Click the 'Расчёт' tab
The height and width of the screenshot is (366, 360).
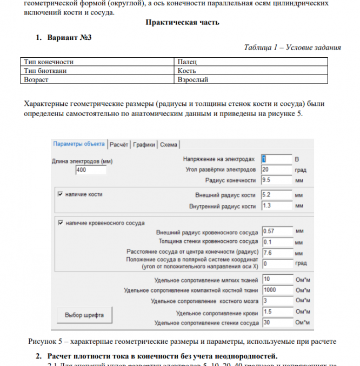[119, 144]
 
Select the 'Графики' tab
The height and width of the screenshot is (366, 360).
[145, 144]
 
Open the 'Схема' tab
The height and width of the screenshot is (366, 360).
[169, 144]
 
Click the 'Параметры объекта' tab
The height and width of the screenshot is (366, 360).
[79, 144]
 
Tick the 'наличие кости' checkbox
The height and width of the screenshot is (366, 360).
[60, 194]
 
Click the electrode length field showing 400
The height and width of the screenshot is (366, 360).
[91, 170]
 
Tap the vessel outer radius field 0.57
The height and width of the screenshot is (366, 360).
[276, 232]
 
